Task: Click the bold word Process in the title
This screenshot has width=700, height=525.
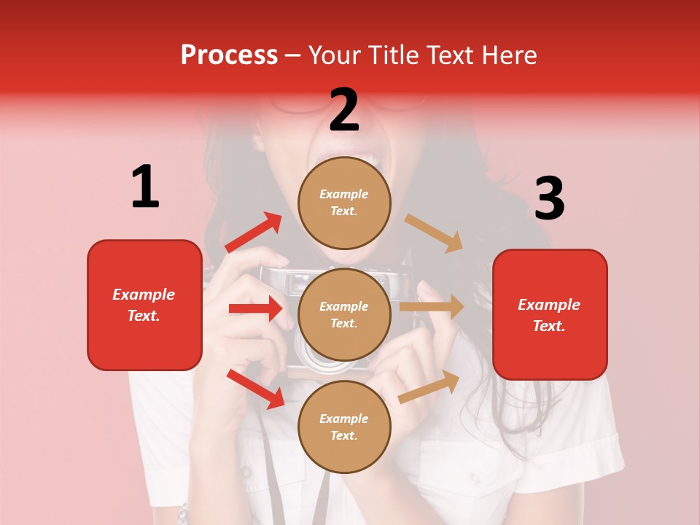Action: coord(229,55)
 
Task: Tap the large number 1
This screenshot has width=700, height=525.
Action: coord(145,187)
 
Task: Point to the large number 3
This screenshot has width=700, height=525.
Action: coord(549,198)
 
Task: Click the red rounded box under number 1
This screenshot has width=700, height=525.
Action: coord(144,305)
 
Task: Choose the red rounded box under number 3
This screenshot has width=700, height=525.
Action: coord(550,315)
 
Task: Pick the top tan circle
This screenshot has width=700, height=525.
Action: coord(344,203)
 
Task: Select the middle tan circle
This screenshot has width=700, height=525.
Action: coord(344,314)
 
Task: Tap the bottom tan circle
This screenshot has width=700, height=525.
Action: coord(344,427)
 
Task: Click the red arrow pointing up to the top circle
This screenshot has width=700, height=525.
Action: coord(254,232)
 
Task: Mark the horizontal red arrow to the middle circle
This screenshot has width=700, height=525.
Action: coord(255,308)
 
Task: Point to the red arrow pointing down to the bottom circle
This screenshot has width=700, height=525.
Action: coord(255,389)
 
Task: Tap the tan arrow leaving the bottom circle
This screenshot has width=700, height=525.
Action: coord(429,386)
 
